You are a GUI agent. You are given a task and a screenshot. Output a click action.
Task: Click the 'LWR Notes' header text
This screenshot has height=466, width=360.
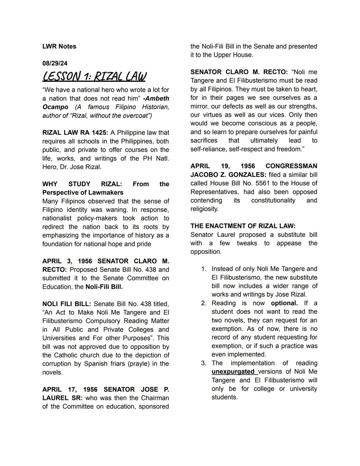[59, 46]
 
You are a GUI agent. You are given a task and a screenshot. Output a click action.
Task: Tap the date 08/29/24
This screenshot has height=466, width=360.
[55, 63]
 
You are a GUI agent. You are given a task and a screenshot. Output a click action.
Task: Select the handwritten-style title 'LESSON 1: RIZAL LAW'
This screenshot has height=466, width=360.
[94, 76]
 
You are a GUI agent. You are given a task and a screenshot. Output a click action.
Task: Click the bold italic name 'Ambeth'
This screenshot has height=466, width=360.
[157, 98]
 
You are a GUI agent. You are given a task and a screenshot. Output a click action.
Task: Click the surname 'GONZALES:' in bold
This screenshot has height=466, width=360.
[247, 175]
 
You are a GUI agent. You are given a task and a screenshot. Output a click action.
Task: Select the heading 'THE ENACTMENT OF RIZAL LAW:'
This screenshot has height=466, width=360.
[243, 226]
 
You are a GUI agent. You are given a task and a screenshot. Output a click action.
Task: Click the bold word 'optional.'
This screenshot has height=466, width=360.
[284, 303]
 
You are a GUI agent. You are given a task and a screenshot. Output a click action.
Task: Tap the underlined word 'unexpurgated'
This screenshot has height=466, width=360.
[233, 372]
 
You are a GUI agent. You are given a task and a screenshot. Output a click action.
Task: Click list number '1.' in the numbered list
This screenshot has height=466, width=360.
[204, 269]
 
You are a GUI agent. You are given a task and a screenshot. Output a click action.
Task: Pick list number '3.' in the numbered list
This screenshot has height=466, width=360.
[204, 363]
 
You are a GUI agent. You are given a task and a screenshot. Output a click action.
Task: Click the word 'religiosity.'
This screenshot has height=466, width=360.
[204, 209]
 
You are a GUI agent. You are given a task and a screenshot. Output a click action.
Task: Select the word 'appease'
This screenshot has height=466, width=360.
[289, 243]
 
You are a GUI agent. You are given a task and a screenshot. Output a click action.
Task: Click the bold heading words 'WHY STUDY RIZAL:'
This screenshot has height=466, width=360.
[82, 184]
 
